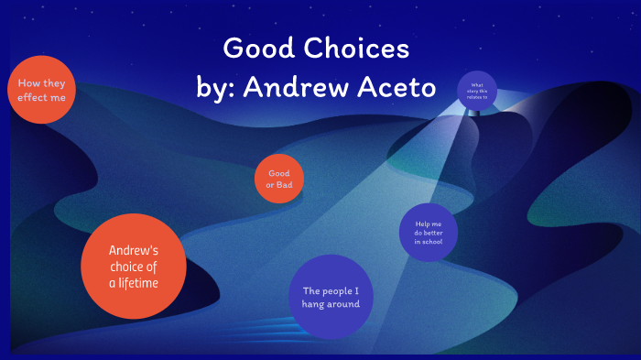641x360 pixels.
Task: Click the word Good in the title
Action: point(257,48)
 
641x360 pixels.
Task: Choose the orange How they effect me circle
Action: point(41,89)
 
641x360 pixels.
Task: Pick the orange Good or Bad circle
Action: point(278,180)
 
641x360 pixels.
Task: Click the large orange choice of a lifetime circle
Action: point(134,267)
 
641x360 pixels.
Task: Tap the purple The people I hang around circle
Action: point(331,298)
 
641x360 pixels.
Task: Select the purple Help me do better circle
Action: point(429,233)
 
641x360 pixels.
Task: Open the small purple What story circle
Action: point(476,91)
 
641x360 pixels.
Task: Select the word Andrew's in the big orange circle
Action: point(134,250)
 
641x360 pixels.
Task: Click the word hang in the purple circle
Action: point(313,304)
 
